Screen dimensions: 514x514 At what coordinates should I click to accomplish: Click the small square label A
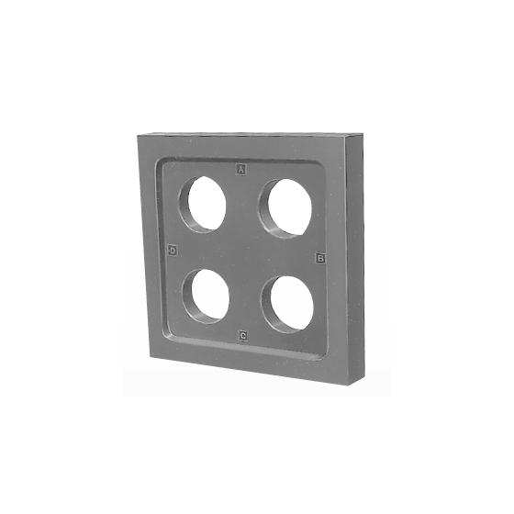[241, 170]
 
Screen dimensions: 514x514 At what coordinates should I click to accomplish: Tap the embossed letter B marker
[320, 258]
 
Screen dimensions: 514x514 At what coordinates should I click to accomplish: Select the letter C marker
[243, 336]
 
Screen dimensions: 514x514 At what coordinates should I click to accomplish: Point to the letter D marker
[173, 251]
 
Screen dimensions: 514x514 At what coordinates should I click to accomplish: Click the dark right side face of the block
[355, 259]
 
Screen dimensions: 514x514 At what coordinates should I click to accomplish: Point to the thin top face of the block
[249, 133]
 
